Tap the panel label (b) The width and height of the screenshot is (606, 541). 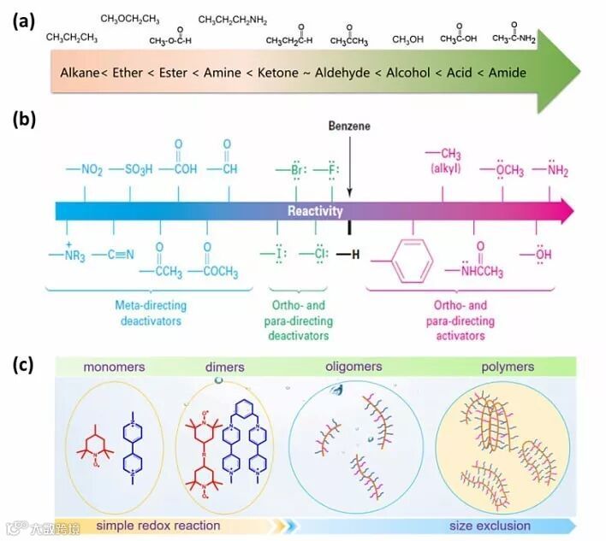coord(23,119)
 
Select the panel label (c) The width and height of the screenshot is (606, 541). coord(23,364)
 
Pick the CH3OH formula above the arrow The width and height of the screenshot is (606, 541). coord(408,39)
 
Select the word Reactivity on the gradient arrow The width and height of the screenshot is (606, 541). coord(315,211)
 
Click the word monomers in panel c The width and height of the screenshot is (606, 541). coord(115,368)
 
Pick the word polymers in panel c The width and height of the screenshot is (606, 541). coord(506,368)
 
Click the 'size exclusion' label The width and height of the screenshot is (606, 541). coord(490,526)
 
